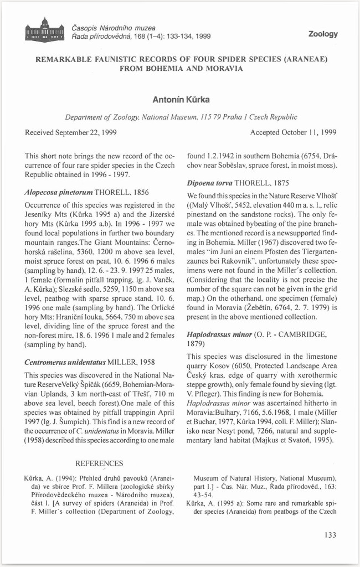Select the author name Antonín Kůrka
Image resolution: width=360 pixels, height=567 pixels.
click(179, 100)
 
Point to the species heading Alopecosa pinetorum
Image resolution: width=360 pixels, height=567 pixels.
click(59, 192)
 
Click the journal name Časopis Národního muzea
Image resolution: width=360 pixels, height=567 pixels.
click(114, 28)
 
